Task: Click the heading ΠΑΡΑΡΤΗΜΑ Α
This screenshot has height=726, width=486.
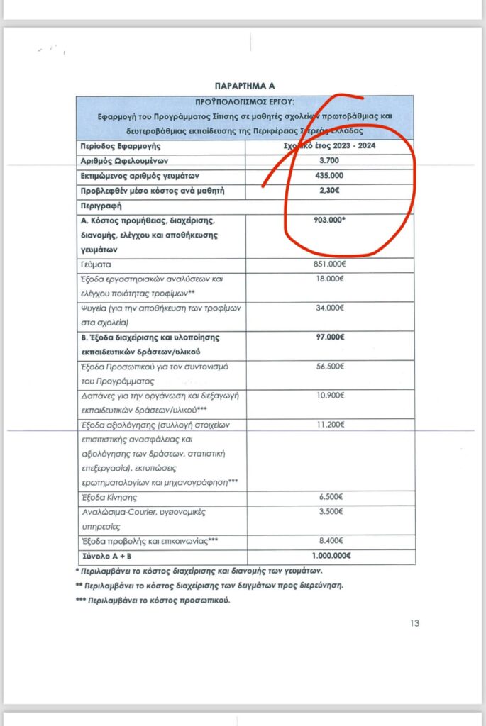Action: click(x=245, y=85)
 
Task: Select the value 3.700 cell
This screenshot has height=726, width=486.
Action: click(x=329, y=161)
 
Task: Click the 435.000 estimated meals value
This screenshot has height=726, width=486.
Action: click(x=329, y=176)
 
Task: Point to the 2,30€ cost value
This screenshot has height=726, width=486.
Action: click(x=329, y=191)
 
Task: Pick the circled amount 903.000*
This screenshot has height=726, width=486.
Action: click(x=329, y=220)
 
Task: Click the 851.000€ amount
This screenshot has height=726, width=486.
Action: click(x=329, y=264)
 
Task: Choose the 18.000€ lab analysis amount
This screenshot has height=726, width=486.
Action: click(x=329, y=279)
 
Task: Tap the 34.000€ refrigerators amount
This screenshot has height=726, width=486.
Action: click(x=329, y=308)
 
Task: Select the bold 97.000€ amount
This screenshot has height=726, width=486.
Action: click(x=329, y=337)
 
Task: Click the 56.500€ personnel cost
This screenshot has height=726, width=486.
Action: click(x=329, y=367)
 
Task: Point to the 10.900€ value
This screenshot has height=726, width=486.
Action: click(x=329, y=396)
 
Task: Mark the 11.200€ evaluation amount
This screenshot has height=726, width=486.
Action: click(x=329, y=425)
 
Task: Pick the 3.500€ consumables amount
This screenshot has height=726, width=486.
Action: click(x=329, y=512)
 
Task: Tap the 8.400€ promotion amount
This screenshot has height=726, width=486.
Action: click(x=329, y=541)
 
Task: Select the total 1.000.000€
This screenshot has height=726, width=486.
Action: click(x=329, y=556)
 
